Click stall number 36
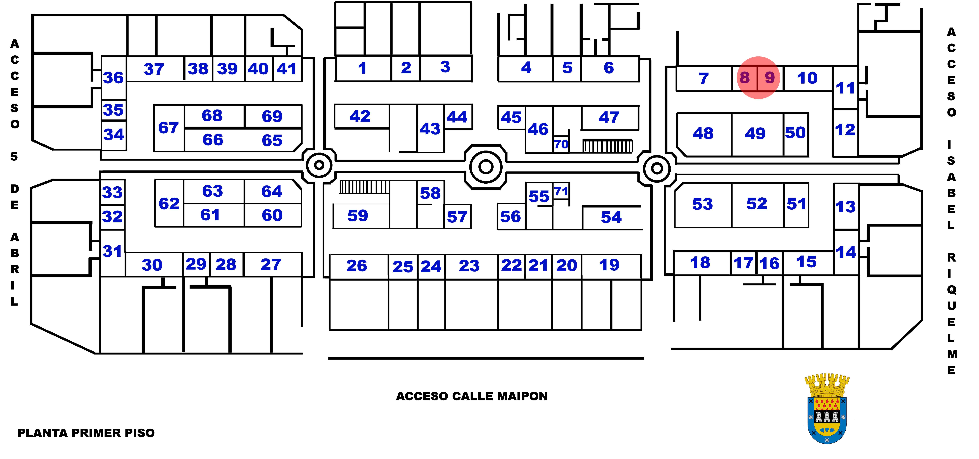(x=113, y=78)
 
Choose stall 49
(x=755, y=133)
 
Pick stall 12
(x=845, y=130)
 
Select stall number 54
(x=611, y=217)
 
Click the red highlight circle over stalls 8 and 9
(x=758, y=78)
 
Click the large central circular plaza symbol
(x=486, y=166)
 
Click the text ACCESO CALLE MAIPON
(x=472, y=396)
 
